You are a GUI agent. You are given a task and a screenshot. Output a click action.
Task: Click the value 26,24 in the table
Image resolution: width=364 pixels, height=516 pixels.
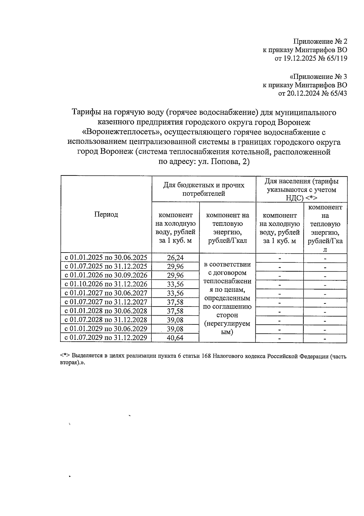[x=175, y=258]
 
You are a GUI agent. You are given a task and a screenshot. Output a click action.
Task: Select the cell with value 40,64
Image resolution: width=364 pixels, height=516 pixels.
[x=175, y=338]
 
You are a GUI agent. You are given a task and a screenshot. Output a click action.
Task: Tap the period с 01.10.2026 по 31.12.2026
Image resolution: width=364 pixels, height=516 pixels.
[x=106, y=284]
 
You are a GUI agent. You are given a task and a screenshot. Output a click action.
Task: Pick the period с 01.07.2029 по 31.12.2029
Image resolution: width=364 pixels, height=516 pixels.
[x=106, y=338]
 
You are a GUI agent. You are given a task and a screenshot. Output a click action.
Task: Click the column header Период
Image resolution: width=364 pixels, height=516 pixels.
[x=106, y=214]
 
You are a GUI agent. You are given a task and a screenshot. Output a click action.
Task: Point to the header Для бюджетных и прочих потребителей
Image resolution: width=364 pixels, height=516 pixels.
[x=204, y=189]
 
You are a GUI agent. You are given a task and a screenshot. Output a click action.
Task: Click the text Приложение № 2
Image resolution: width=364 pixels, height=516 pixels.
[x=320, y=41]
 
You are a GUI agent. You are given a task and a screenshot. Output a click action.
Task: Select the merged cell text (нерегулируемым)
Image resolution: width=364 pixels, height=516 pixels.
[x=227, y=328]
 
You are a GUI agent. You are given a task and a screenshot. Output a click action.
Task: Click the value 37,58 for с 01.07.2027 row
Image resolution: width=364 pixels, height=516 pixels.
[x=175, y=302]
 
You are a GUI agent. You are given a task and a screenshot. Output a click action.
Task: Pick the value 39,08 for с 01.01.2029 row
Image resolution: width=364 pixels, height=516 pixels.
[x=175, y=329]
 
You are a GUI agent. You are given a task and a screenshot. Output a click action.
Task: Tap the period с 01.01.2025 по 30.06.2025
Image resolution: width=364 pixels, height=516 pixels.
[x=106, y=258]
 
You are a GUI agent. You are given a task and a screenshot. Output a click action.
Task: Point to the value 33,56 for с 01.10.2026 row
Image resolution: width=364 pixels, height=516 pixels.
[x=175, y=284]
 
